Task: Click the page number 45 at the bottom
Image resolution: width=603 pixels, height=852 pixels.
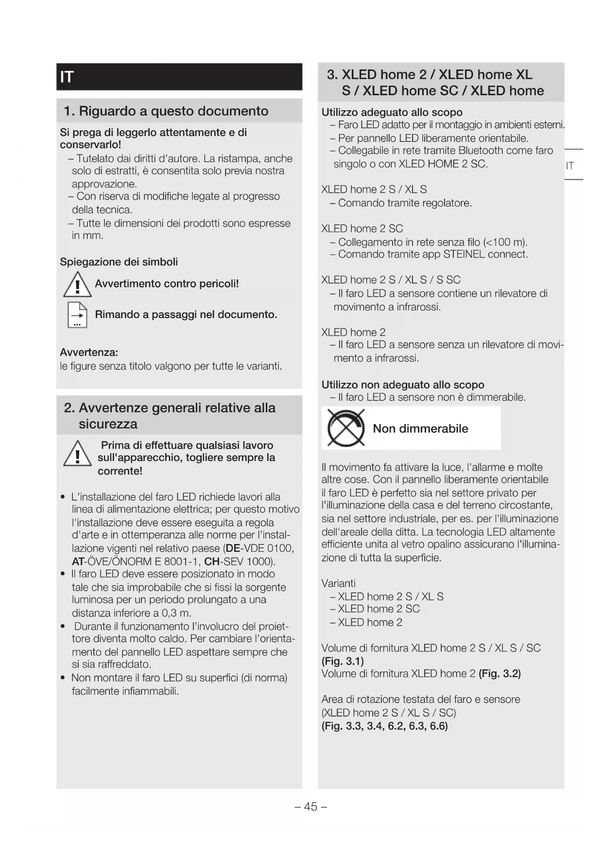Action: tap(310, 807)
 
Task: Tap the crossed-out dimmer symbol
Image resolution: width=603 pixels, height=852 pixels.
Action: tap(345, 428)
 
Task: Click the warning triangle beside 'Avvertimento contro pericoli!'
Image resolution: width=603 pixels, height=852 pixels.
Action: tap(77, 285)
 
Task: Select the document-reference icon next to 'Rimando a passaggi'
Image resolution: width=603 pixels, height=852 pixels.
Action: tap(77, 315)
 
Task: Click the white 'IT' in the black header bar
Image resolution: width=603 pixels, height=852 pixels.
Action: tap(67, 77)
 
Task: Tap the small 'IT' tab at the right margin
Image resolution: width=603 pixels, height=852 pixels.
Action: tap(569, 166)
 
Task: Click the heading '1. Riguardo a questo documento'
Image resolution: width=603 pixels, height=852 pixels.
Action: tap(166, 111)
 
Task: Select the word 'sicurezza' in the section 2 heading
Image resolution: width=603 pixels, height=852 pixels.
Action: tap(108, 424)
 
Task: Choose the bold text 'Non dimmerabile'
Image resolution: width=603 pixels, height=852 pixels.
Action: tap(420, 428)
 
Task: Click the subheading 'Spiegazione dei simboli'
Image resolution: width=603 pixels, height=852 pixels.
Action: tap(119, 262)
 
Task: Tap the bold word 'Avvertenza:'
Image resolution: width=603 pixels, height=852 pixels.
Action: tap(89, 352)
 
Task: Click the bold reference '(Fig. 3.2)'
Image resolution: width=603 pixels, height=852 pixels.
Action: tap(500, 674)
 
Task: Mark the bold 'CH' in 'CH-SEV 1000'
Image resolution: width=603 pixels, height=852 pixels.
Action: tap(212, 562)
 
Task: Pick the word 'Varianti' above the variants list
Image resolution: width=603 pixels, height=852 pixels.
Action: tap(338, 583)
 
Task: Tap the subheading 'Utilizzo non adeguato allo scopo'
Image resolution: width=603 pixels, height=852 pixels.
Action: tap(403, 385)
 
